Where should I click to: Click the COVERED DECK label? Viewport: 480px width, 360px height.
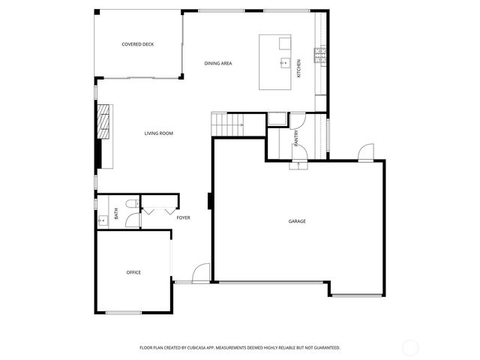click(x=138, y=45)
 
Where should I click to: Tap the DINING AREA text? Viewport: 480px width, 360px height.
click(x=218, y=64)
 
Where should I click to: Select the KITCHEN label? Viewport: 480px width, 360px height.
click(x=298, y=68)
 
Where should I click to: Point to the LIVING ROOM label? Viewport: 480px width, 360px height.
click(x=159, y=133)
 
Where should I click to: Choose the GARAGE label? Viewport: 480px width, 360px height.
click(x=297, y=221)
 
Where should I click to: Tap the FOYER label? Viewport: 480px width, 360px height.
click(x=183, y=218)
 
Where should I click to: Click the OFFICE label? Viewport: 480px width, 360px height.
click(x=133, y=272)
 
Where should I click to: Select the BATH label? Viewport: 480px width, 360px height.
click(x=116, y=213)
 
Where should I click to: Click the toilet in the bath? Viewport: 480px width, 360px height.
click(x=130, y=203)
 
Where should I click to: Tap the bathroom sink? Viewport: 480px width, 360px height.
click(x=101, y=221)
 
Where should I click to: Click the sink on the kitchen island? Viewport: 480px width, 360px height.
click(x=285, y=63)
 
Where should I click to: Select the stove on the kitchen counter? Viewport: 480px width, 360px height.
click(x=320, y=54)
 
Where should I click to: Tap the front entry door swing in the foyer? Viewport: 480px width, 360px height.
click(x=201, y=274)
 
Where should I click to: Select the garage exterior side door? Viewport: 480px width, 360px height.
click(x=366, y=153)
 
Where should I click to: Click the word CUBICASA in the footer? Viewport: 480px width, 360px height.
click(x=217, y=348)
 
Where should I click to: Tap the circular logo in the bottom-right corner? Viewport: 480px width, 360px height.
click(x=411, y=347)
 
